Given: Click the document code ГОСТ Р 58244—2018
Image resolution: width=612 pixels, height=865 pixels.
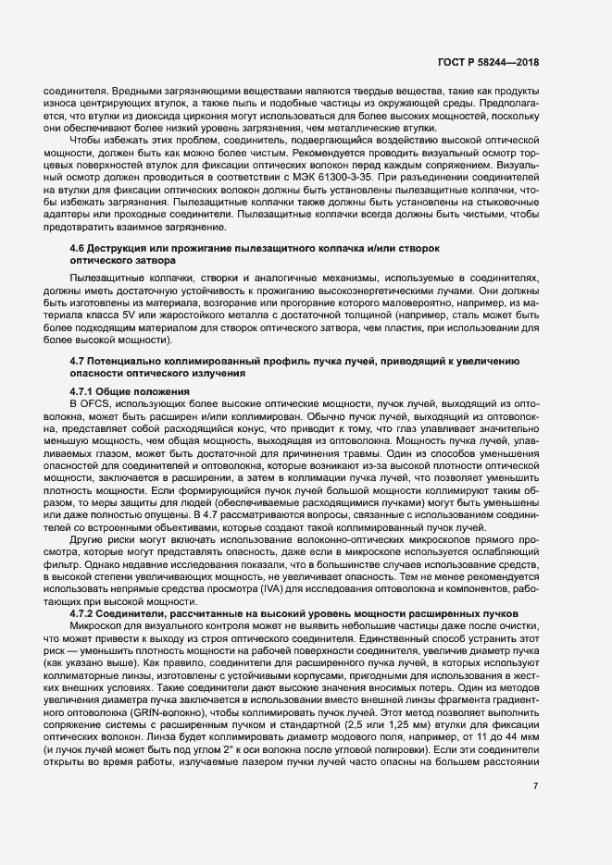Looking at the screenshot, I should pos(489,62).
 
